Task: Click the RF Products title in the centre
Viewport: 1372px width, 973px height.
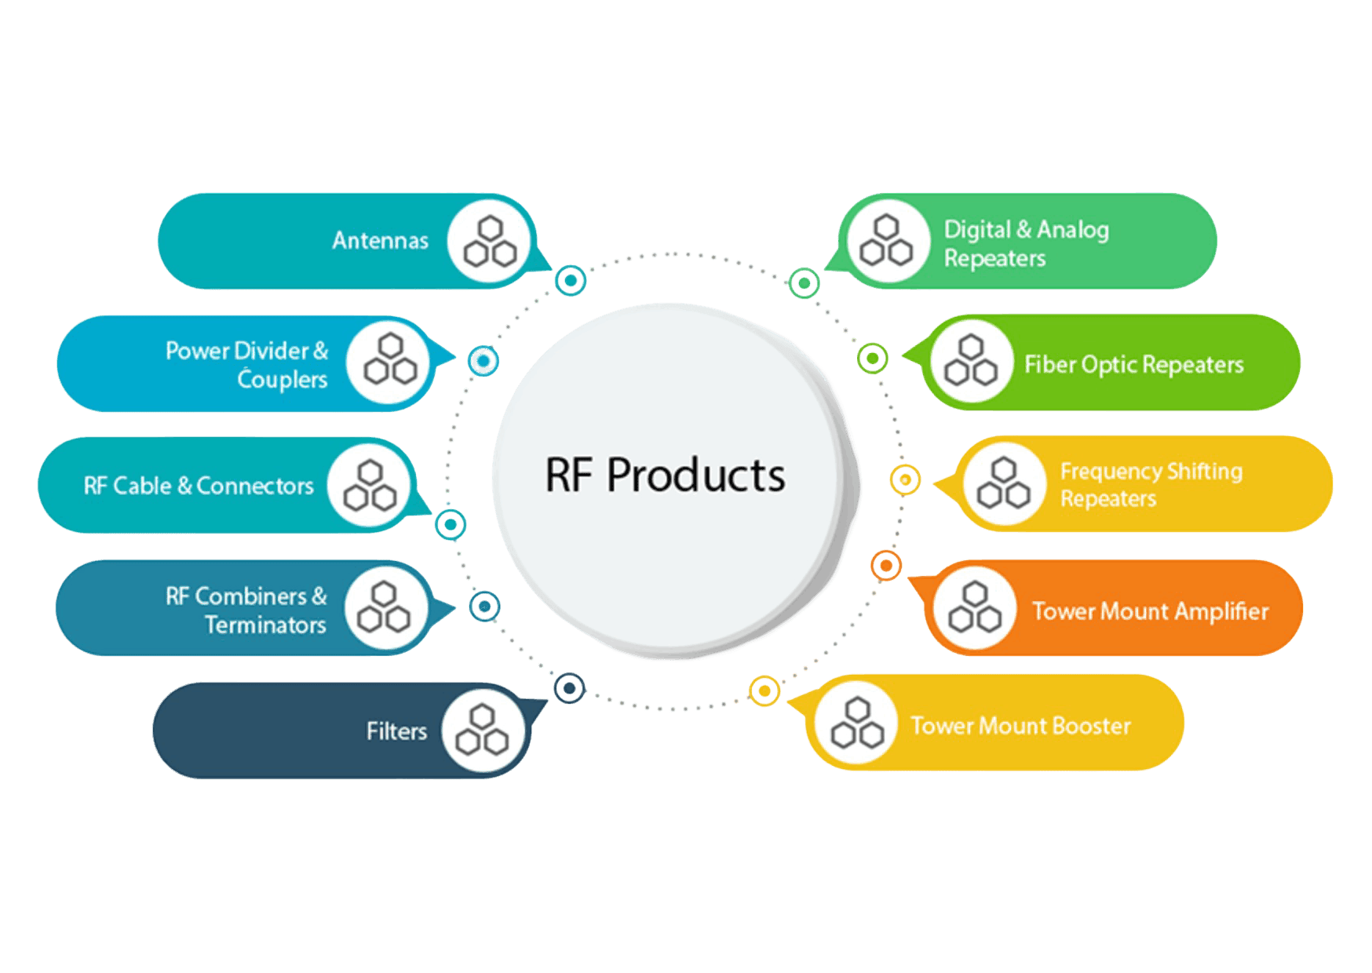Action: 665,476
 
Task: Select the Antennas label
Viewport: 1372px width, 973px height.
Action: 380,240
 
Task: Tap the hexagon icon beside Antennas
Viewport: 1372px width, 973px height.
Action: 490,241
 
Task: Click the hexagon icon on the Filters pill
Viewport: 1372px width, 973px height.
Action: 482,730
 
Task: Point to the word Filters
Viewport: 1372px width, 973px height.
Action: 396,731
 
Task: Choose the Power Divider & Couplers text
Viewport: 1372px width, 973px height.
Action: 246,365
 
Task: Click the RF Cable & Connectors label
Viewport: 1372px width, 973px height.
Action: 199,486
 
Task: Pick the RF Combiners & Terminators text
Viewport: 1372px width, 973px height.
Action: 246,610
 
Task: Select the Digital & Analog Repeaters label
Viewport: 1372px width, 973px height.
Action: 1025,243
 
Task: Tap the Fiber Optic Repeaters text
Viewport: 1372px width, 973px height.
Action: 1133,364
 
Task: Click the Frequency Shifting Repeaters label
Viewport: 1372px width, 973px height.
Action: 1151,484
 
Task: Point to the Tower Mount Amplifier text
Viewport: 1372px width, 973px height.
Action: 1150,611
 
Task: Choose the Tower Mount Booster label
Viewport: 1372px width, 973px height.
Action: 1020,726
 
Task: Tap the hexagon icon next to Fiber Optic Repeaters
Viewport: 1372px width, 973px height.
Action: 971,361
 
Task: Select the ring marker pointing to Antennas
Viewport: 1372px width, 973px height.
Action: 571,280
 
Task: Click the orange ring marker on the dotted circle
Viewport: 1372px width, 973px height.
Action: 886,565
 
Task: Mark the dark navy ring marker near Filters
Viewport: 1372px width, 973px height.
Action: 570,689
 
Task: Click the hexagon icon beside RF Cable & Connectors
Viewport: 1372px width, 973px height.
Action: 369,486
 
